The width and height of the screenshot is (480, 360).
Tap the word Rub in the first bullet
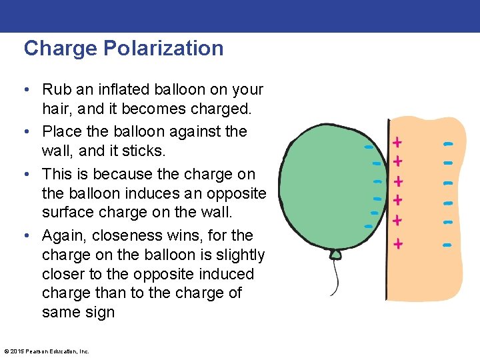[x=54, y=89]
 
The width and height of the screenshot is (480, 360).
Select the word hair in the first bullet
[x=55, y=108]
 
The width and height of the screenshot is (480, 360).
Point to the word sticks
[x=146, y=151]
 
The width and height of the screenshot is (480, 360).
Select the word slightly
[x=236, y=255]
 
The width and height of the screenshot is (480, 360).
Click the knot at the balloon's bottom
[x=336, y=254]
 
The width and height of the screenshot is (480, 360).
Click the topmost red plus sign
[x=398, y=141]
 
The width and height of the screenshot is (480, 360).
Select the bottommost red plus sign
[x=398, y=244]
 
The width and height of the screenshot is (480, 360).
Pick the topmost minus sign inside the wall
[x=448, y=143]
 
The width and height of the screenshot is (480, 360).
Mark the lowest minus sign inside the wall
[x=447, y=245]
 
